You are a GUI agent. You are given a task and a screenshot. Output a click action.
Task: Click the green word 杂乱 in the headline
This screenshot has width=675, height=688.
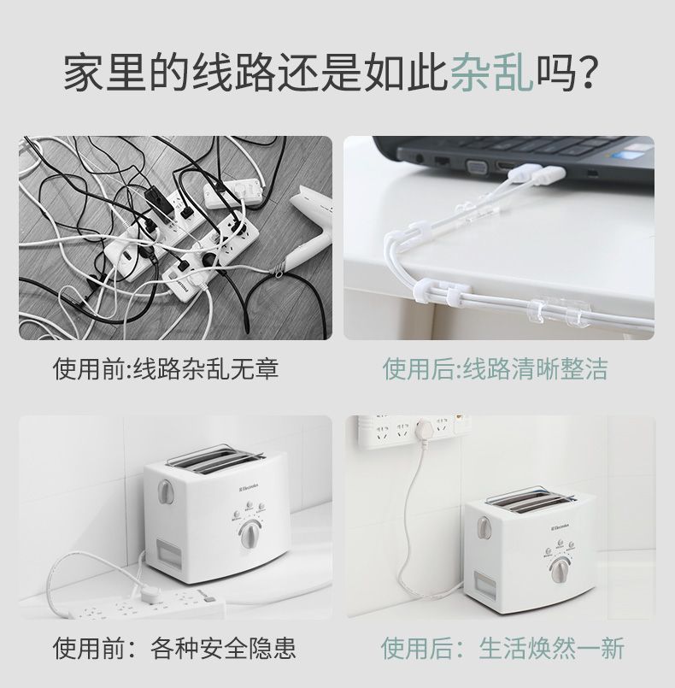coord(492,74)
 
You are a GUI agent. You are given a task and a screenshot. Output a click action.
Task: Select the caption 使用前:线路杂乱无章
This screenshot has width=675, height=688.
coord(167,369)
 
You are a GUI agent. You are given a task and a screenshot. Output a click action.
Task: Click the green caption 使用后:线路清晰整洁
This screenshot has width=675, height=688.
coord(496,369)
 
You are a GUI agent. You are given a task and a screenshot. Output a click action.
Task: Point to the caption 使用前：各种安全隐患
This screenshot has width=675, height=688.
coord(175,648)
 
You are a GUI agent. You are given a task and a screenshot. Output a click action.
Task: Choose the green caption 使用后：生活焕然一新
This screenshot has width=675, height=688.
coord(502,648)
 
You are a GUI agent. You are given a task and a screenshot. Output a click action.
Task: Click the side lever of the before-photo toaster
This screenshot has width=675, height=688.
coord(163,495)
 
